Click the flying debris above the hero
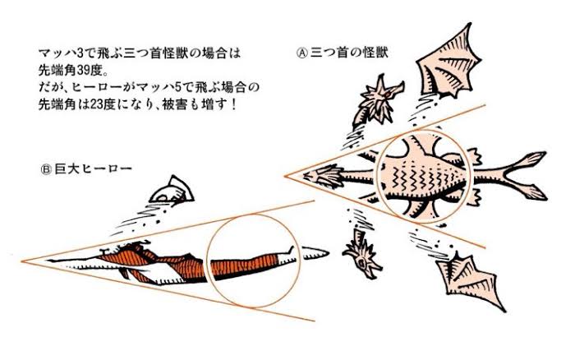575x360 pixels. pyautogui.click(x=174, y=191)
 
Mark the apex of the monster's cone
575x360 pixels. pyautogui.click(x=286, y=175)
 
